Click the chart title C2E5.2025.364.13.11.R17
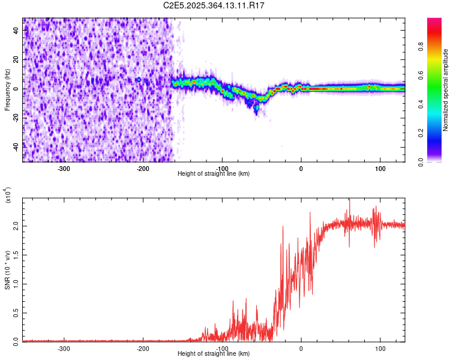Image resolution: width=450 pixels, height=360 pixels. (214, 5)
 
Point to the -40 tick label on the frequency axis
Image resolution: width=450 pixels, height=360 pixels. (15, 147)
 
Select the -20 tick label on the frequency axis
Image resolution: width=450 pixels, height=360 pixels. (15, 118)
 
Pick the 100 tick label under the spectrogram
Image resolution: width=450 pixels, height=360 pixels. (380, 169)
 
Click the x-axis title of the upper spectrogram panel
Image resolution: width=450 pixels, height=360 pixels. (214, 174)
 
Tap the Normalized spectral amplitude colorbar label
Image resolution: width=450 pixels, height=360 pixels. (445, 90)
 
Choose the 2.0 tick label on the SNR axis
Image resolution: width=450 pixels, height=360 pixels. (15, 226)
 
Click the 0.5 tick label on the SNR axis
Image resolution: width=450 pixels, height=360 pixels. (15, 313)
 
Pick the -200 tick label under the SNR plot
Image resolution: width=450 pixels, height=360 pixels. (143, 349)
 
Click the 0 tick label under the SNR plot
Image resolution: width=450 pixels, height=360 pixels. (301, 349)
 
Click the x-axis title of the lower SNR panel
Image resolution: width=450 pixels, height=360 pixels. (214, 354)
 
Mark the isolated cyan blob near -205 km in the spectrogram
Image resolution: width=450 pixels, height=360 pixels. (139, 79)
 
